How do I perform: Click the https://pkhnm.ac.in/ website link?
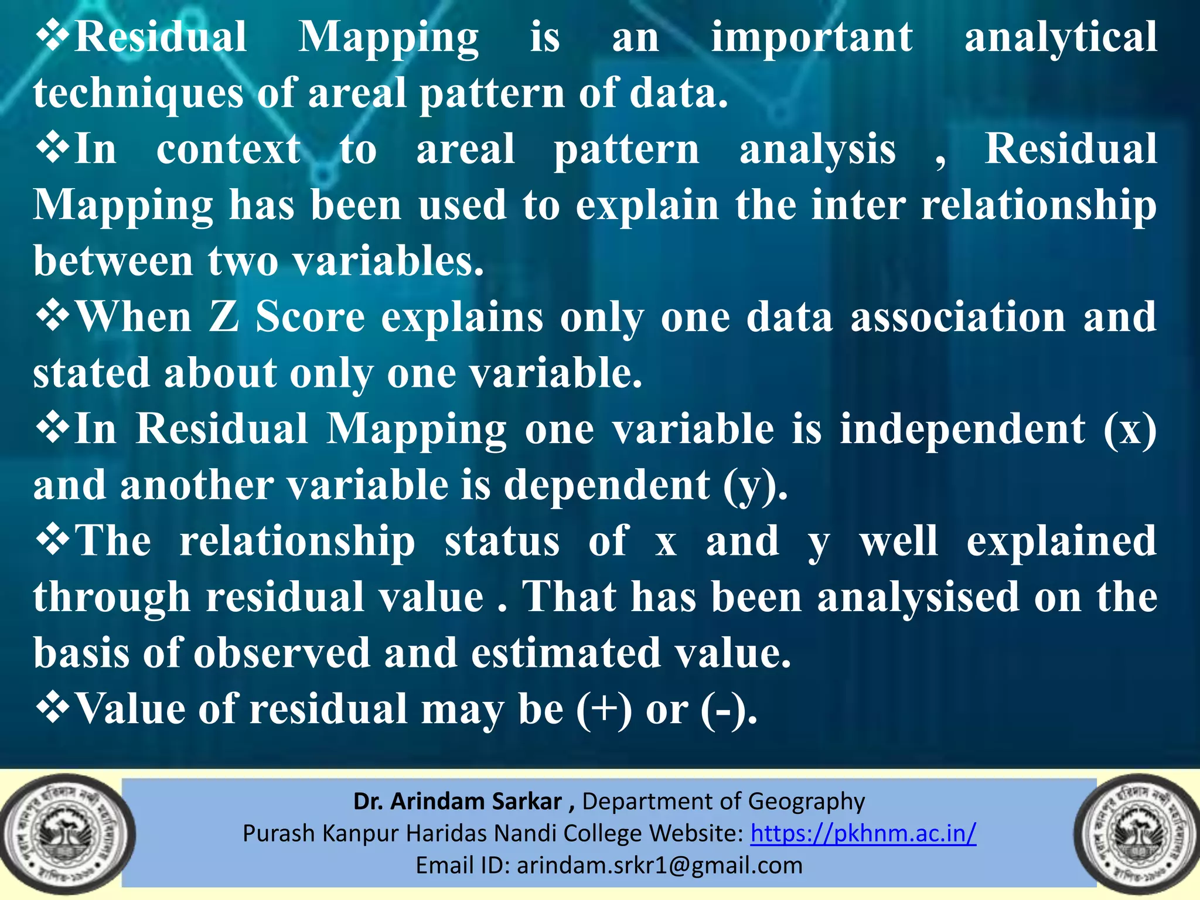point(863,833)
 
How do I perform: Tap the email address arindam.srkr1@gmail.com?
point(659,865)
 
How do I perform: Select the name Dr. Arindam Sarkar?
point(458,801)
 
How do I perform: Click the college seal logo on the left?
point(67,834)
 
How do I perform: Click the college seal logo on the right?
point(1136,834)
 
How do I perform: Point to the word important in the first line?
point(812,37)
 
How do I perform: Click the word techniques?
point(138,94)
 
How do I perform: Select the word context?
point(229,149)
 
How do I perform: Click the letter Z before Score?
point(224,317)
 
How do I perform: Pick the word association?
point(958,317)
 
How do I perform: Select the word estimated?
point(566,653)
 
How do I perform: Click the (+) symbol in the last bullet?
point(604,710)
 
